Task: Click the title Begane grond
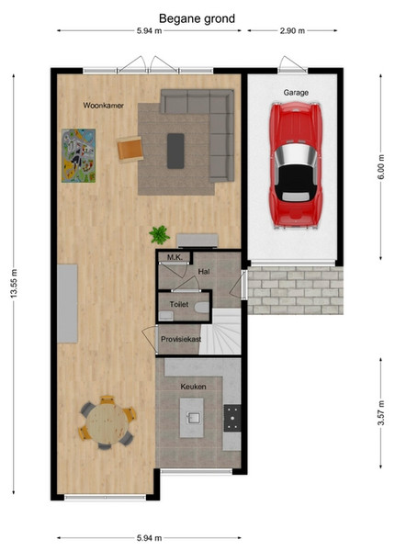[197, 18]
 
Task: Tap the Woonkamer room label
[103, 105]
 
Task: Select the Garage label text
[296, 93]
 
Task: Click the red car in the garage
[296, 165]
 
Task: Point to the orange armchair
[130, 149]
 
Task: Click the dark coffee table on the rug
[175, 151]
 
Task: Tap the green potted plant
[159, 235]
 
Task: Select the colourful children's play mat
[78, 155]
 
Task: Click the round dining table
[107, 423]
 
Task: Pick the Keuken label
[193, 387]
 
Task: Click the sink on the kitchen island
[192, 418]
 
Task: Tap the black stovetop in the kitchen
[232, 418]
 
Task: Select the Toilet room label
[179, 304]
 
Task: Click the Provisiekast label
[181, 339]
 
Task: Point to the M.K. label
[175, 257]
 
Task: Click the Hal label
[204, 271]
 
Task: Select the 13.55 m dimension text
[14, 284]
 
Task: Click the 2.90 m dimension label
[292, 30]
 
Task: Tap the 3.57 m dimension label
[381, 413]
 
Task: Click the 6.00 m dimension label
[381, 167]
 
